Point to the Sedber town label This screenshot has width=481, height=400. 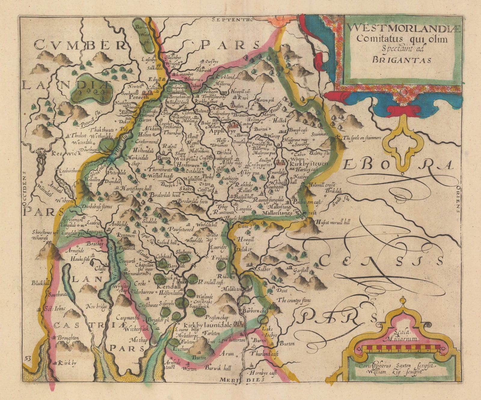coord(262,270)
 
